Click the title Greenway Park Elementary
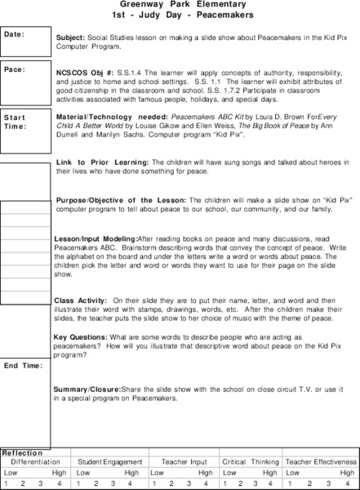[180, 4]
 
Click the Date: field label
[14, 35]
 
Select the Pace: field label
[14, 69]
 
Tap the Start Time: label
[16, 122]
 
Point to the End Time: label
[22, 365]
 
